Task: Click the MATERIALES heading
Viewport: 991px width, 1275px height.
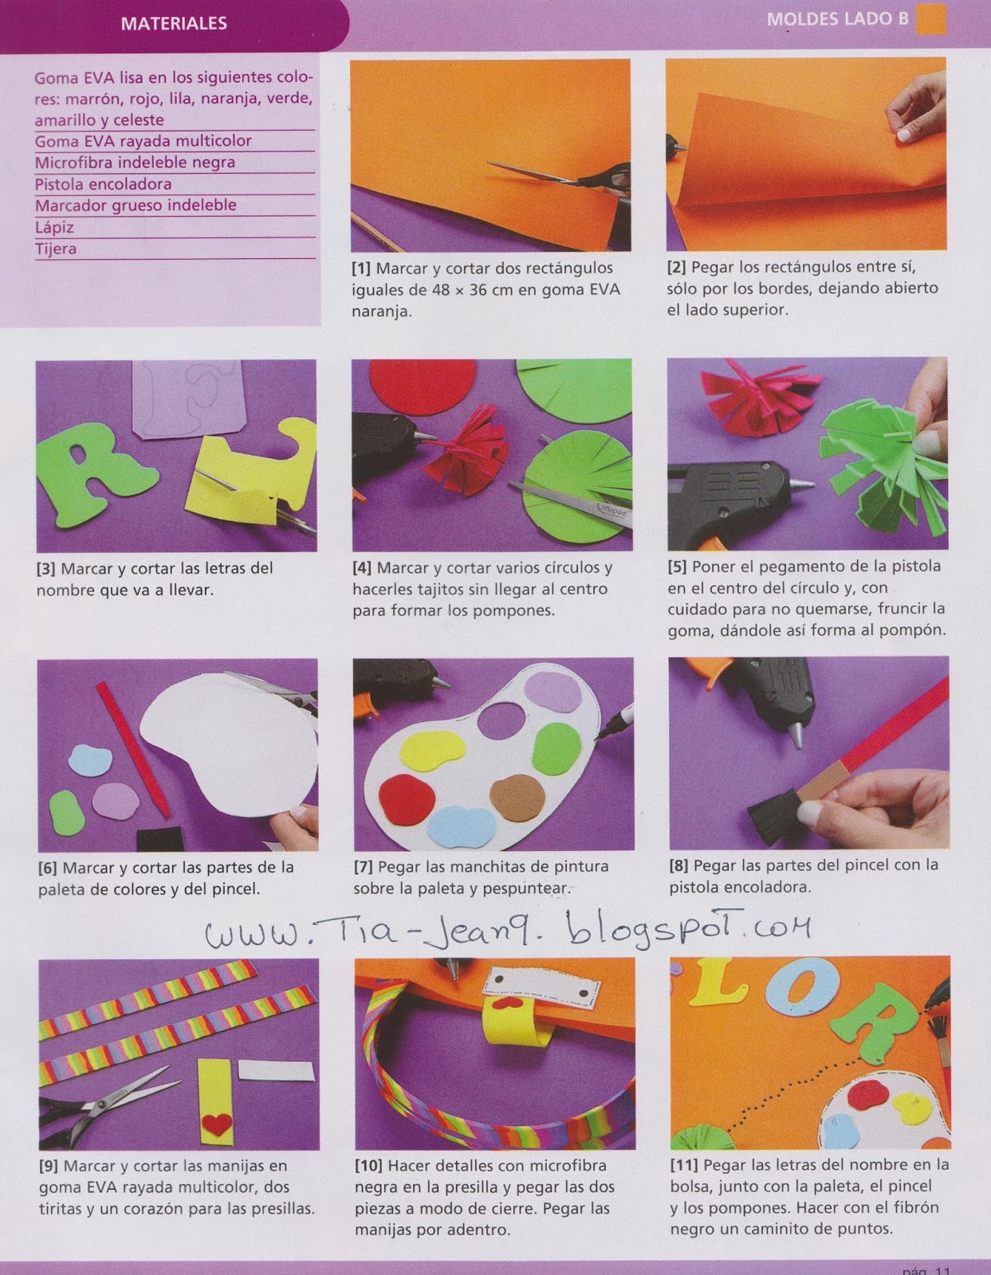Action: [174, 23]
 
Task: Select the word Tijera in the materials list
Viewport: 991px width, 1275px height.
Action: [56, 249]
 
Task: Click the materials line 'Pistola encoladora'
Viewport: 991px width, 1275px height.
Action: [104, 184]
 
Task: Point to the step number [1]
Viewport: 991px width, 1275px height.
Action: [361, 268]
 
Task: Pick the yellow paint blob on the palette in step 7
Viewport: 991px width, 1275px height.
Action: [432, 752]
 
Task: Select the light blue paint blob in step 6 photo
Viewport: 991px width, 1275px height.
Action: [90, 760]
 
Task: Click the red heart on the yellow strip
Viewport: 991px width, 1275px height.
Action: [217, 1123]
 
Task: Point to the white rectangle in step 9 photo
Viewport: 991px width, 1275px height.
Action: [277, 1072]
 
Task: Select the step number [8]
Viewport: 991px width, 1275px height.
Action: [678, 865]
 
